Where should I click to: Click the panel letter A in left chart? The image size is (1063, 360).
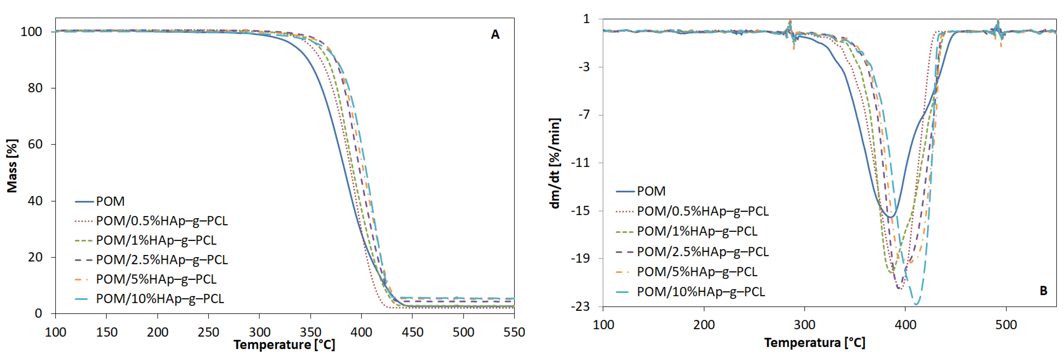[495, 35]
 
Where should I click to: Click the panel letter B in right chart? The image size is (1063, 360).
[1043, 291]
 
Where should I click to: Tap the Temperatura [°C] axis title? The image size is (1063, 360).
[814, 342]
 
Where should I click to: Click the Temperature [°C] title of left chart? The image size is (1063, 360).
[284, 344]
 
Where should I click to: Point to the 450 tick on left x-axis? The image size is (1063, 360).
[412, 332]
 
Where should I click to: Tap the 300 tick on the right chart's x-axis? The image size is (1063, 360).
[804, 325]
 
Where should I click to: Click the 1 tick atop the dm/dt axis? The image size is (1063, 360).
[586, 19]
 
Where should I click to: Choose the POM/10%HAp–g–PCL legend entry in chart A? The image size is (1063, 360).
[160, 298]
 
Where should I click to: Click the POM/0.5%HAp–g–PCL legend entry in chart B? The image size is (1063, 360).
[702, 211]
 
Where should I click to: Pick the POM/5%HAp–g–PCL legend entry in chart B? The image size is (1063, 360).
[697, 272]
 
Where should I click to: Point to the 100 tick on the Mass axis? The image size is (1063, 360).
[31, 32]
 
